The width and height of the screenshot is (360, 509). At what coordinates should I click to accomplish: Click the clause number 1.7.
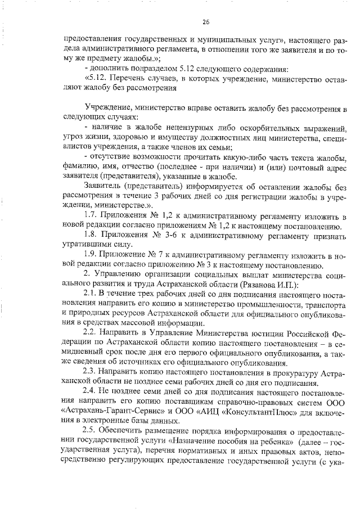(x=91, y=217)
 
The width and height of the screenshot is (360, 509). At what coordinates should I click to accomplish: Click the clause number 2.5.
(x=91, y=440)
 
